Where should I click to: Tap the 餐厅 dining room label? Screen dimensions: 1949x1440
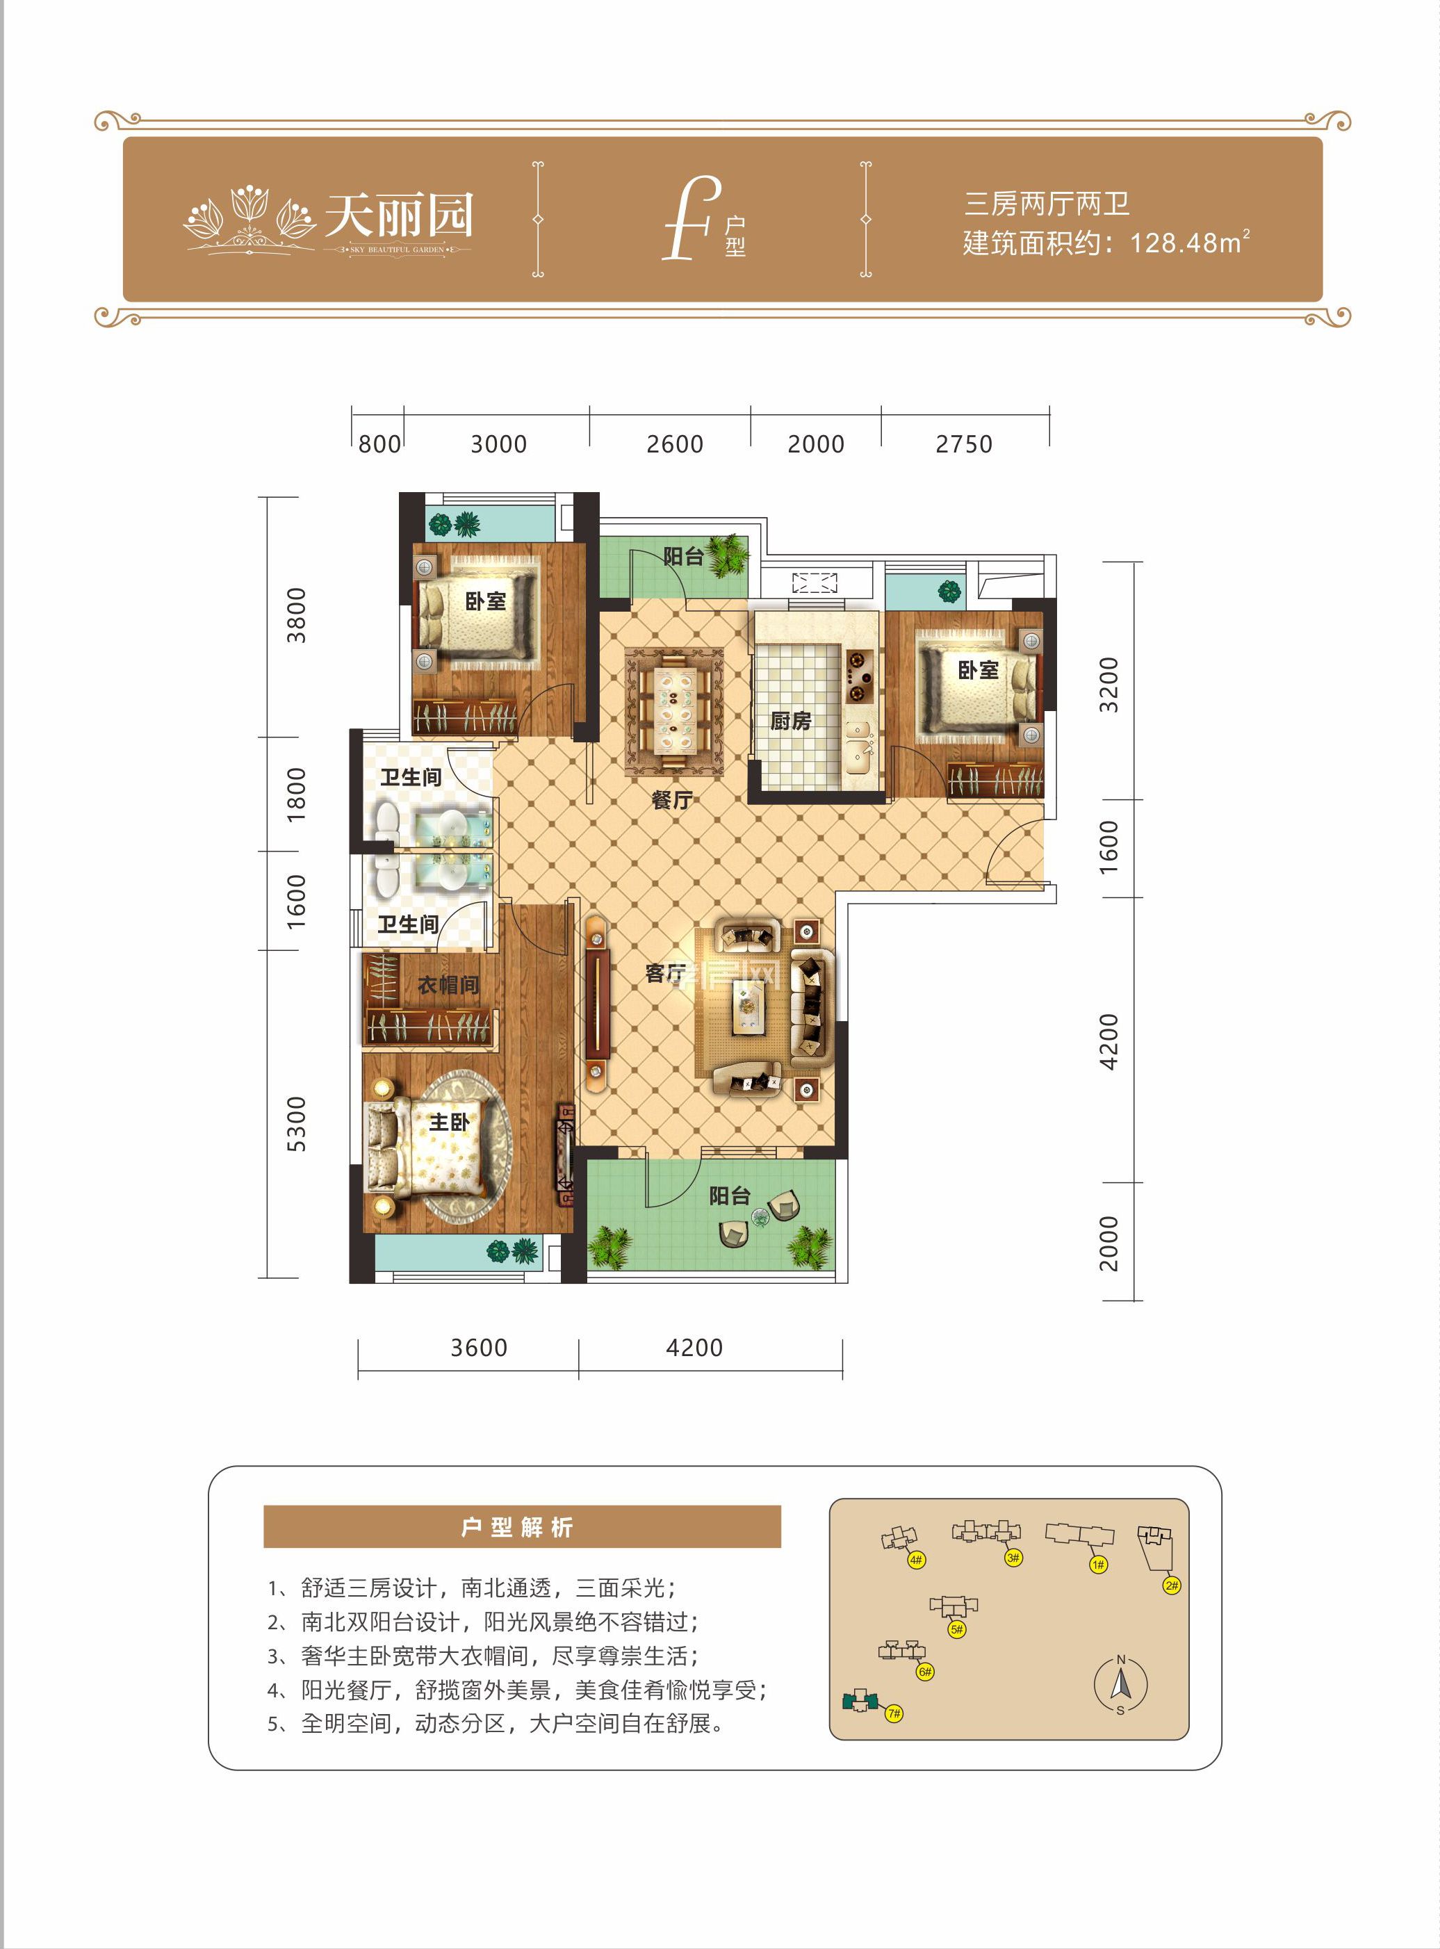(672, 799)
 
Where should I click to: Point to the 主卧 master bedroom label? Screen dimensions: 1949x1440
(449, 1122)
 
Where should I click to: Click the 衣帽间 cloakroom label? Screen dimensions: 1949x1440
(448, 985)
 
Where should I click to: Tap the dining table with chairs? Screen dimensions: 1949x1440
(675, 710)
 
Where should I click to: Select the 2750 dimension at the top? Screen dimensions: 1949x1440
(963, 445)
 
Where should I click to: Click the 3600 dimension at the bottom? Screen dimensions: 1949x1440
(479, 1348)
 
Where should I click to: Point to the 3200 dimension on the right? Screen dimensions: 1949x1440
(1108, 685)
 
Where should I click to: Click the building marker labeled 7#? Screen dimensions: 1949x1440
(894, 1713)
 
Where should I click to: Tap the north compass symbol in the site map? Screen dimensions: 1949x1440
(1121, 1685)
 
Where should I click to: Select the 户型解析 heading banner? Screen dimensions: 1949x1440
(521, 1527)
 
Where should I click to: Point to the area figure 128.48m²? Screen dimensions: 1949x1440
(1190, 243)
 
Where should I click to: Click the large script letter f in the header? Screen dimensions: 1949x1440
(690, 218)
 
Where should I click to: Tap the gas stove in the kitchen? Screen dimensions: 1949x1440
(858, 676)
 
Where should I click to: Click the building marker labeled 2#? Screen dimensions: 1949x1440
(1172, 1585)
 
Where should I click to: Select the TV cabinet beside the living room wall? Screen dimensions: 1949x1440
(596, 1003)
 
